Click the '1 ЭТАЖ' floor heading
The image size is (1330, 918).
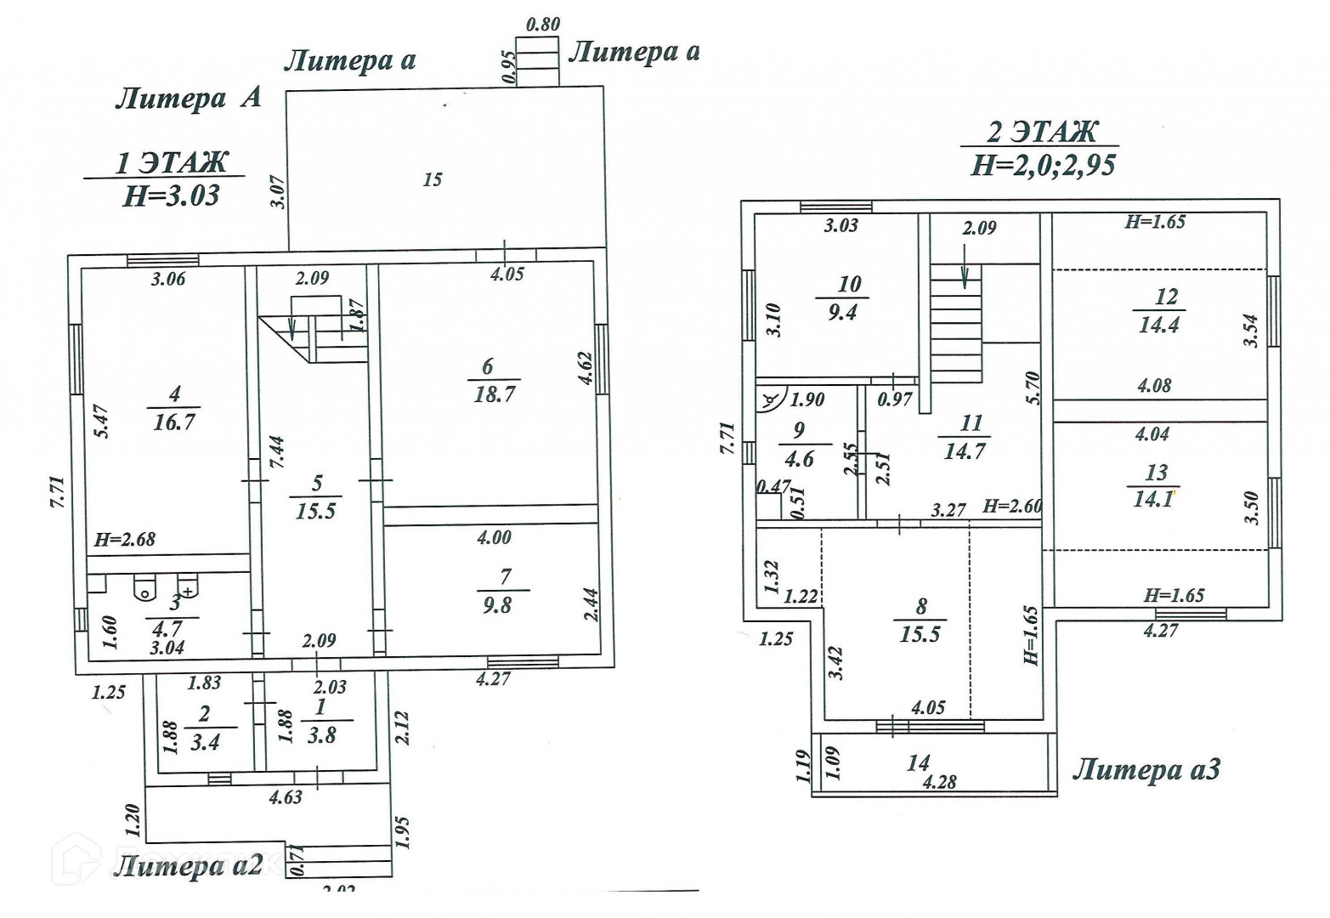tap(173, 161)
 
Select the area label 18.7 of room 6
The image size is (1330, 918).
tap(494, 394)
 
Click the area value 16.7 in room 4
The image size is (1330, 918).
tap(174, 422)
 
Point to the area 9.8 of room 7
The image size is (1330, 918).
tap(497, 605)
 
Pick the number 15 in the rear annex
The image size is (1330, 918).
tap(433, 179)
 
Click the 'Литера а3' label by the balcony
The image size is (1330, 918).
tap(1146, 770)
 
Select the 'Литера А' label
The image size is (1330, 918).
tap(188, 99)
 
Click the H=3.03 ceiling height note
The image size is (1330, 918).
tap(172, 196)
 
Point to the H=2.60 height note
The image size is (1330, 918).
tap(1013, 507)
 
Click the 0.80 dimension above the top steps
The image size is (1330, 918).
tap(543, 24)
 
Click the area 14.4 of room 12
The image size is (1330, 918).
tap(1159, 325)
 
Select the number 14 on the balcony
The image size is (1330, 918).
tap(918, 762)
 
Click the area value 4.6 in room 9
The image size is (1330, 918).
tap(799, 459)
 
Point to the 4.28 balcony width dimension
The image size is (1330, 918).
tap(939, 781)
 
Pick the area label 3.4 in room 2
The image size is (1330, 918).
tap(206, 742)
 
